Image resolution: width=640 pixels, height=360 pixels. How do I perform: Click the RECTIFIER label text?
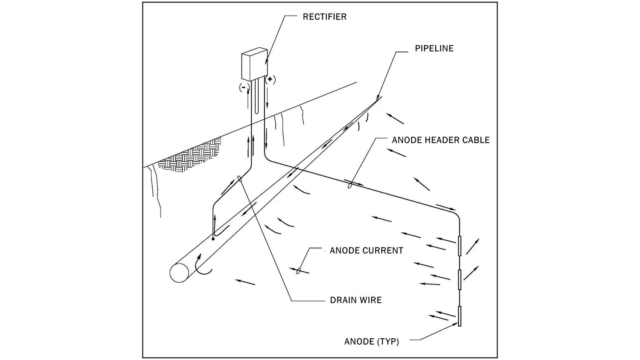coord(324,17)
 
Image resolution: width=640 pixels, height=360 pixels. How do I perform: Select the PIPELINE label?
coord(434,49)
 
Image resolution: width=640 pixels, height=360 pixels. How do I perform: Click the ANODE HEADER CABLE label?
coord(440,140)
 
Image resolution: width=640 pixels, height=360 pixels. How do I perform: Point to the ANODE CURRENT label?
coord(366,251)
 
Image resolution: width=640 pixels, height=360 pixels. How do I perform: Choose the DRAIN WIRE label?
coord(355,300)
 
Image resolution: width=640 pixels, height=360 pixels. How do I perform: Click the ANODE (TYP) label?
coord(371,342)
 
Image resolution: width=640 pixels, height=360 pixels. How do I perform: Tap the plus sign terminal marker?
coord(270,79)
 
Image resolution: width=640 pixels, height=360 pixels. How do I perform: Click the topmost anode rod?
coord(460,246)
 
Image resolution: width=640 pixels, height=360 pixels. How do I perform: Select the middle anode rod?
coord(460,279)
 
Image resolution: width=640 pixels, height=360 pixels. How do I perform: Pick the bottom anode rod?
coord(460,316)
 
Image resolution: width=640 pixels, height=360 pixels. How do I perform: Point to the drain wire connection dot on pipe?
coord(213,239)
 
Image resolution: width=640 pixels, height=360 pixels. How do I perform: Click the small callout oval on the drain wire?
coord(240,179)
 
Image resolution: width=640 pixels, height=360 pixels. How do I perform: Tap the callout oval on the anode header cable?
coord(349,185)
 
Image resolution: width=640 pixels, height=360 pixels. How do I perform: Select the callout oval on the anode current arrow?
coord(299,270)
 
